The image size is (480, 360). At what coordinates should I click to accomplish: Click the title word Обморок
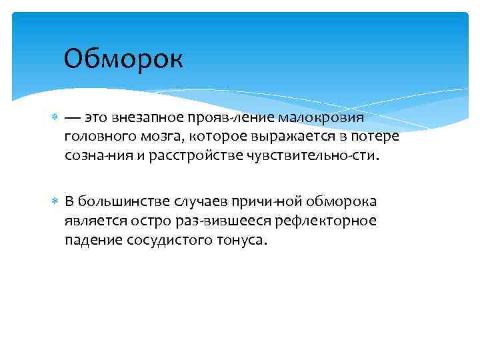click(x=123, y=60)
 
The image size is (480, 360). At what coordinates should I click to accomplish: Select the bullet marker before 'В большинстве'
click(x=55, y=201)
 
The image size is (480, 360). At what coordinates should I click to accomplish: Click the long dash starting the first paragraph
click(x=71, y=118)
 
